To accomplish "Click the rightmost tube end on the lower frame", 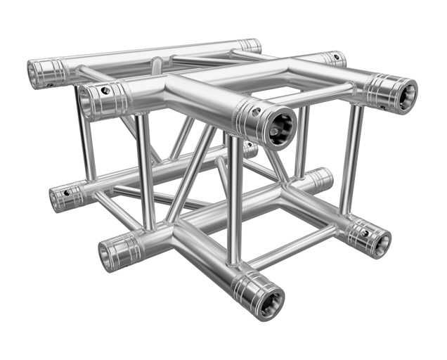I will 381,243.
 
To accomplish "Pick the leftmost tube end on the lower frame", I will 56,199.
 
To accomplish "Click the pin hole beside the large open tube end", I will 256,110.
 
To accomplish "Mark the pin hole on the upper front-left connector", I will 105,90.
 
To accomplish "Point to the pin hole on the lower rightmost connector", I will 364,231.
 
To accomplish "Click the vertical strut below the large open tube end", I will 235,197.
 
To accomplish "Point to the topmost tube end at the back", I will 250,46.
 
